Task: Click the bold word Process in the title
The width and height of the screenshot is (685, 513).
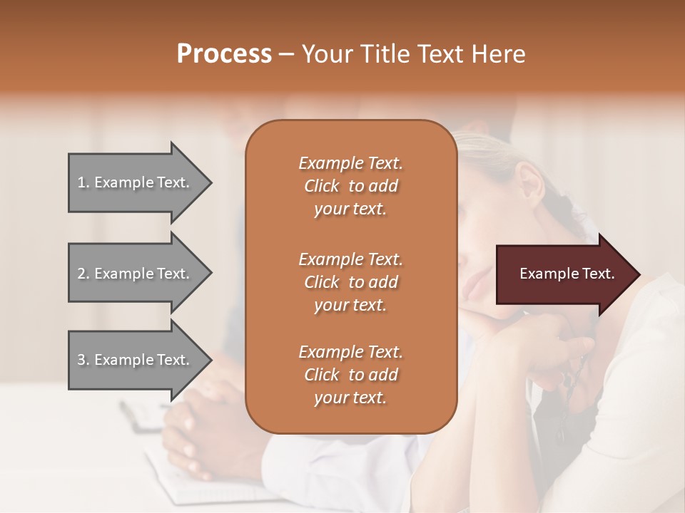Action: tap(224, 54)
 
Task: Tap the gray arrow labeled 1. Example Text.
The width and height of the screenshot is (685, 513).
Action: tap(136, 182)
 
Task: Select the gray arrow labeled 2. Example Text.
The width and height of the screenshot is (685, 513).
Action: tap(136, 274)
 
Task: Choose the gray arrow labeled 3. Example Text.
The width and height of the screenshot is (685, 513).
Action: tap(136, 360)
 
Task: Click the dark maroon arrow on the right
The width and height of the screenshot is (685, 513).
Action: tap(564, 274)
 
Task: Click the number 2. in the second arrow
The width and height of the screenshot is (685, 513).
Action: tap(83, 274)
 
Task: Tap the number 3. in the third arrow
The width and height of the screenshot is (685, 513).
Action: tap(83, 360)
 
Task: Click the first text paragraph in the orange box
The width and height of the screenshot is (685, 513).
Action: tap(350, 186)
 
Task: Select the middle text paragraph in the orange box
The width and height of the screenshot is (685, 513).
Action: tap(350, 281)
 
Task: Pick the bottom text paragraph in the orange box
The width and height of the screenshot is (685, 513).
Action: tap(350, 375)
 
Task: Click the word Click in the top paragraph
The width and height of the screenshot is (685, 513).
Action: tap(322, 186)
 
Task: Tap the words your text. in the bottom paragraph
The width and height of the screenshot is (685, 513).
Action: tap(350, 398)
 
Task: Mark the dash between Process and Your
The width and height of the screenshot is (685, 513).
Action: tap(286, 55)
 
